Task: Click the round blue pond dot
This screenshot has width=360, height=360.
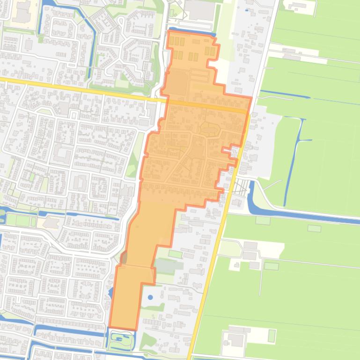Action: (x=150, y=297)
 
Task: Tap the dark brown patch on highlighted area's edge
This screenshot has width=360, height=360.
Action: (x=124, y=257)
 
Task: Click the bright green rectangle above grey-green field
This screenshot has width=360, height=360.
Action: (x=175, y=254)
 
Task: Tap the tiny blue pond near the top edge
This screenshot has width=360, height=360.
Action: (x=247, y=9)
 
